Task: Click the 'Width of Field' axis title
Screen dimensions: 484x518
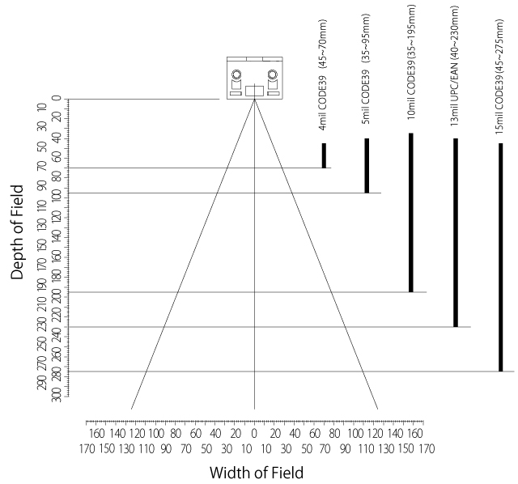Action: pos(257,472)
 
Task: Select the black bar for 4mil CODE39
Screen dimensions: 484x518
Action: pos(324,155)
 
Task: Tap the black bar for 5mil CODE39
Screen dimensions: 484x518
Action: pos(367,165)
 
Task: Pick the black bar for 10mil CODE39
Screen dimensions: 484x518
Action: pos(411,212)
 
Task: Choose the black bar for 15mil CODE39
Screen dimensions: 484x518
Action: pos(500,257)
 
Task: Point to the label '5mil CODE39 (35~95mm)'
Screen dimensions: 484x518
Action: pos(367,78)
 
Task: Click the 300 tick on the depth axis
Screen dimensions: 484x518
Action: pos(57,396)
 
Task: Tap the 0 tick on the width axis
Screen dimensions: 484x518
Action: pos(254,433)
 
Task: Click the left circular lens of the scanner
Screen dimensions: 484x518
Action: pos(236,77)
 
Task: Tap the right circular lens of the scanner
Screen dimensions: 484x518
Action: pos(272,77)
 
